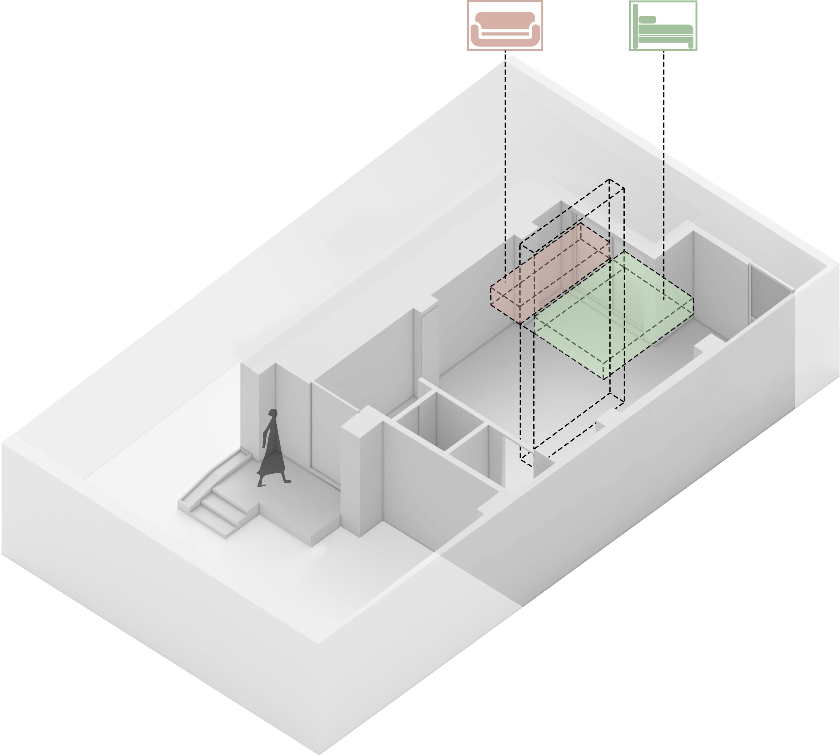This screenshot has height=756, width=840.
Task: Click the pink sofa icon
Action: pos(505,26)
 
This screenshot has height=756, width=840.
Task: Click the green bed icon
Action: pos(663,26)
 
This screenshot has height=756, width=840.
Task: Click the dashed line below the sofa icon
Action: pos(505,166)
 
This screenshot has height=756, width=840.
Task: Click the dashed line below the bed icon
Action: pos(663,166)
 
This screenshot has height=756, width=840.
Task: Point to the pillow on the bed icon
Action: pos(647,19)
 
